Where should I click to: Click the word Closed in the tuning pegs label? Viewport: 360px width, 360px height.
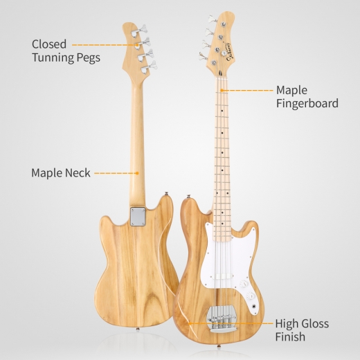[49, 44]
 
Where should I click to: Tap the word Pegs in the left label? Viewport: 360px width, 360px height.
[89, 58]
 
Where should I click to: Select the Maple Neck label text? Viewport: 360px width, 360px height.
[61, 173]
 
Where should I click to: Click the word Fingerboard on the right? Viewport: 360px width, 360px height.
[307, 103]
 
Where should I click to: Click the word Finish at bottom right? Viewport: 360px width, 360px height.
[290, 336]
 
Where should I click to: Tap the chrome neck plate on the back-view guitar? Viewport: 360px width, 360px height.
[138, 217]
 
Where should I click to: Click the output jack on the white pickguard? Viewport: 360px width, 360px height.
[254, 307]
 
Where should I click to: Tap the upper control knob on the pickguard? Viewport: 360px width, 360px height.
[244, 284]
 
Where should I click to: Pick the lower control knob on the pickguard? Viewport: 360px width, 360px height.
[251, 296]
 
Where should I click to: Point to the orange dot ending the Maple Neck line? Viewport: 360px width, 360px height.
[137, 173]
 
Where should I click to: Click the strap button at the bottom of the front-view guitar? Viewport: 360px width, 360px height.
[218, 346]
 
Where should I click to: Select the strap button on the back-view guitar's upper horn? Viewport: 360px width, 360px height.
[165, 193]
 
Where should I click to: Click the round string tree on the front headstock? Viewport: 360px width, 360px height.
[223, 53]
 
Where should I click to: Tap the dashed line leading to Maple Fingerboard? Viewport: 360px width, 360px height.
[247, 90]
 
